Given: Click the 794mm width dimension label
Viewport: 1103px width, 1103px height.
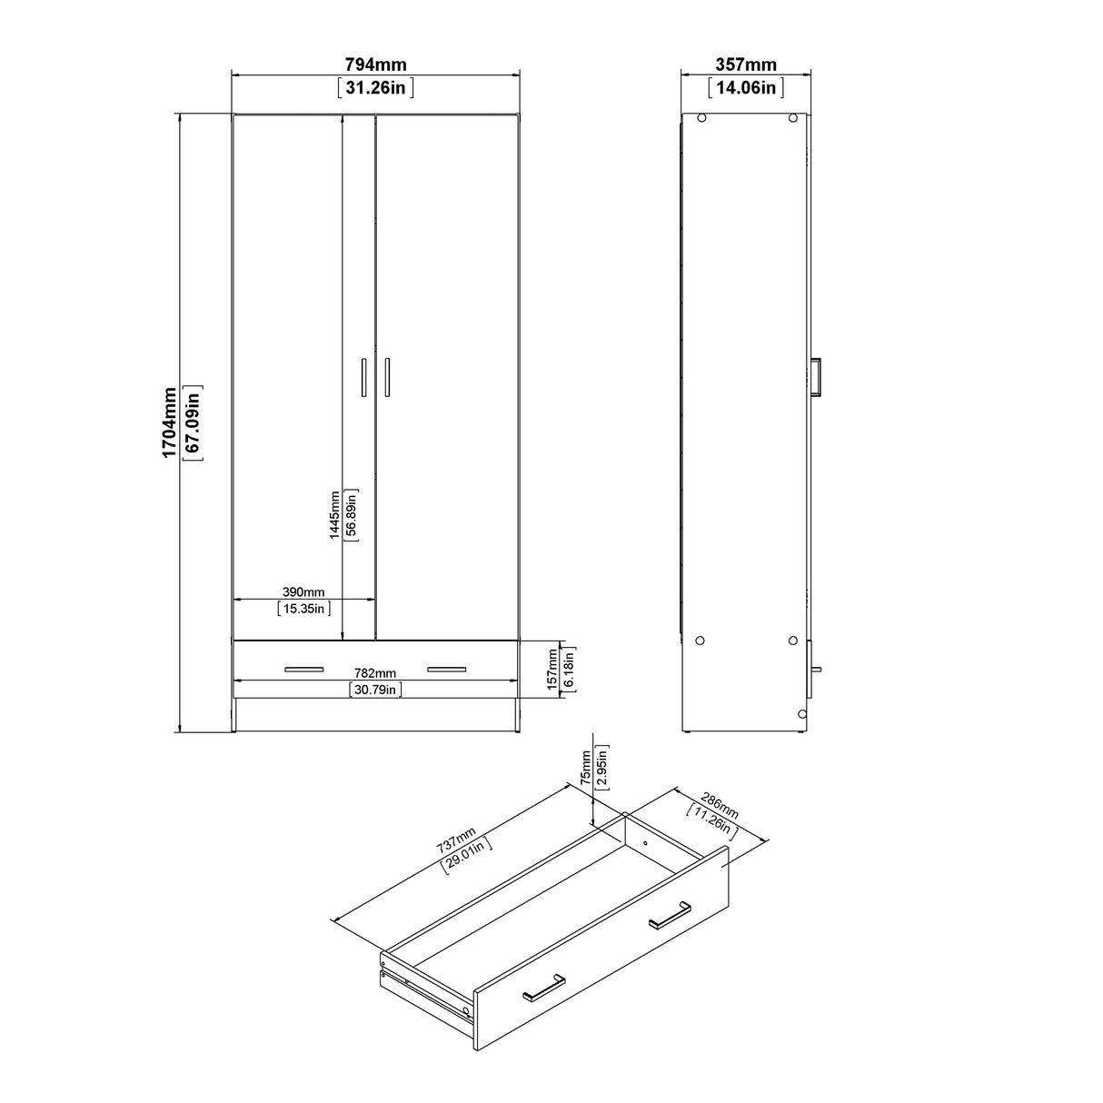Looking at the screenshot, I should [375, 65].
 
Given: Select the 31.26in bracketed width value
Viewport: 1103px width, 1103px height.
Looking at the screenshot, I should [375, 87].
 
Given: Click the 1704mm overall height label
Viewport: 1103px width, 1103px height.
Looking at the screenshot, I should [170, 422].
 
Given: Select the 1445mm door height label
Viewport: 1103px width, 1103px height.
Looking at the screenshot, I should [335, 515].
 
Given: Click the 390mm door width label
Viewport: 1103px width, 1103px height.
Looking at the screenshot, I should [303, 592].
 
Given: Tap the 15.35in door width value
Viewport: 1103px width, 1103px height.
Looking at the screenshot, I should [303, 609].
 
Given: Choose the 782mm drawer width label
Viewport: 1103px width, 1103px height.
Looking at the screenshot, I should [374, 673].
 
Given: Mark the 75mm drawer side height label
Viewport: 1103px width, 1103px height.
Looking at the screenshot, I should [586, 769].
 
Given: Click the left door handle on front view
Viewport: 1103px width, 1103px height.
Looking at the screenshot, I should [363, 377].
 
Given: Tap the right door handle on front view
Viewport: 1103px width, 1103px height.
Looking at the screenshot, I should [387, 377].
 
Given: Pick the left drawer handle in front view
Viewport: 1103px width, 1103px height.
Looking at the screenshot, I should [303, 671].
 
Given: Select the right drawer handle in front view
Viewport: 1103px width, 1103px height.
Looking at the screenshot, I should [446, 671].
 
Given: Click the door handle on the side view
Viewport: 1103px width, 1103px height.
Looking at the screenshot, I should [818, 377].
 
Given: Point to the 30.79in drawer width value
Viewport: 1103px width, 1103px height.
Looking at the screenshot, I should [375, 690].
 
